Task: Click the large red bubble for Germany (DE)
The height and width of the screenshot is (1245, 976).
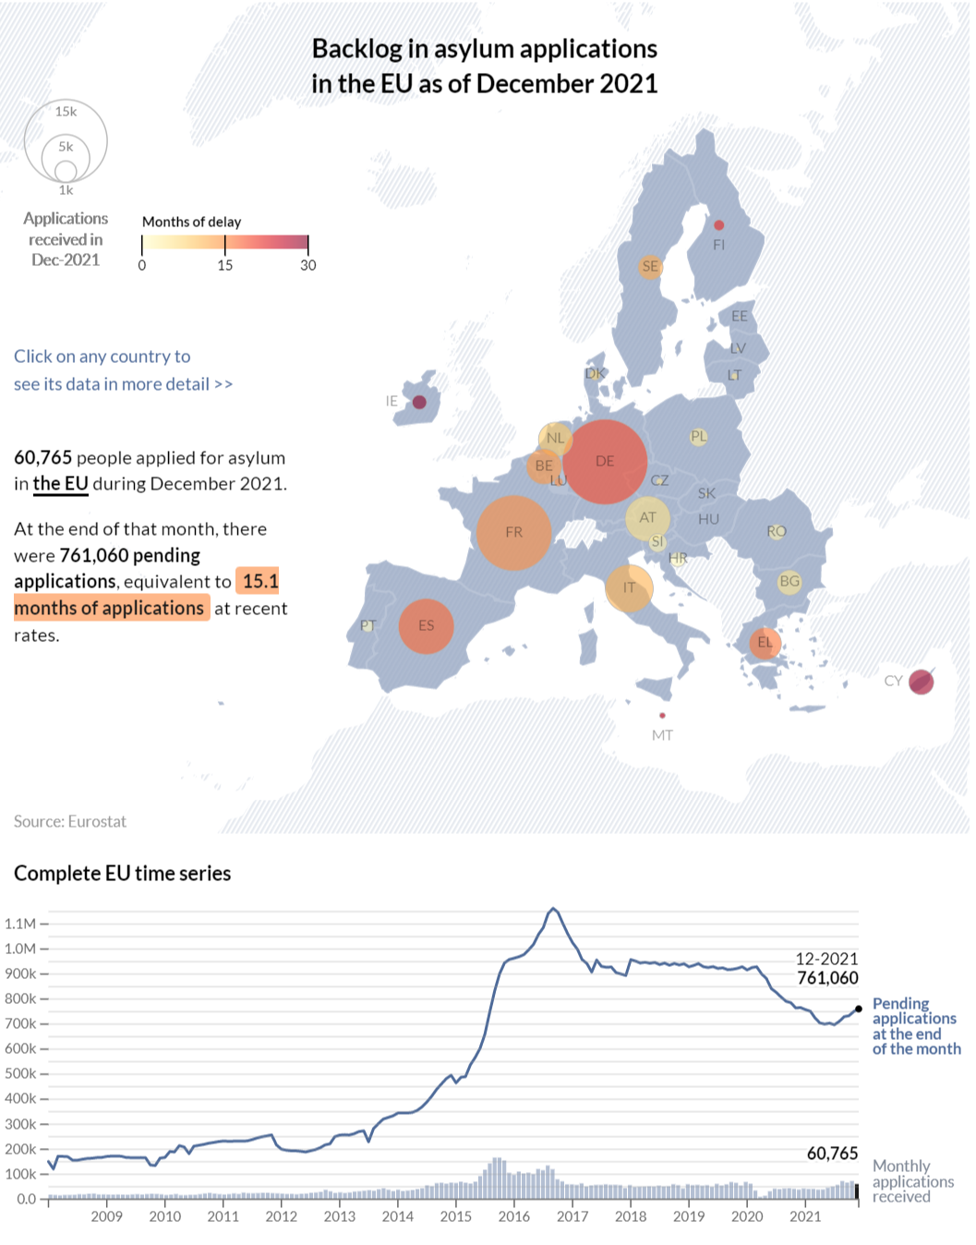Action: tap(605, 462)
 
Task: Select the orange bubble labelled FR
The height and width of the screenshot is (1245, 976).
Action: tap(513, 533)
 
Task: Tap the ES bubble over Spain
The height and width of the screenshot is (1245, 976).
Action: tap(426, 626)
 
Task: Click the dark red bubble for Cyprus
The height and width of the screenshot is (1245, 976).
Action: tap(921, 683)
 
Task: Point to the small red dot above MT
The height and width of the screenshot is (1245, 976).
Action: tap(662, 716)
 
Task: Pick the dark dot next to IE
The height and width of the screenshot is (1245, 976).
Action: tap(419, 402)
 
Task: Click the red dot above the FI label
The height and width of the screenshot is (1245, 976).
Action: tap(719, 225)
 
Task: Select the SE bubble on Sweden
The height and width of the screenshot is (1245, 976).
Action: tap(650, 267)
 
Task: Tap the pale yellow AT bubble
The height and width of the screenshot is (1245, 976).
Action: tap(647, 518)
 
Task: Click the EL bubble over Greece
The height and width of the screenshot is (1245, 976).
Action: tap(765, 643)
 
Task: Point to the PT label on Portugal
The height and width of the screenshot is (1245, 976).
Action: tap(368, 626)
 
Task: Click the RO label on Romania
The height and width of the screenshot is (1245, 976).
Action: tap(777, 531)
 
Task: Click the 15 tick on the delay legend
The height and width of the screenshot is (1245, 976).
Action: tap(225, 265)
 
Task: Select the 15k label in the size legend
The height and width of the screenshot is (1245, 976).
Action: tap(66, 112)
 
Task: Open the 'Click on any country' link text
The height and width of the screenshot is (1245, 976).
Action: tap(102, 357)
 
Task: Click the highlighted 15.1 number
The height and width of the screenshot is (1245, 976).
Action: tap(260, 581)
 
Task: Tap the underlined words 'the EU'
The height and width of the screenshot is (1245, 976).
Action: tap(61, 484)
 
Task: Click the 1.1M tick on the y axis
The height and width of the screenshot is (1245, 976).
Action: tap(20, 924)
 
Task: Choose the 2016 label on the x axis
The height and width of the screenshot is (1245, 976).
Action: tap(514, 1216)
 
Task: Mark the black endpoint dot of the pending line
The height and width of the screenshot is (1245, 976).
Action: tap(859, 1009)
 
